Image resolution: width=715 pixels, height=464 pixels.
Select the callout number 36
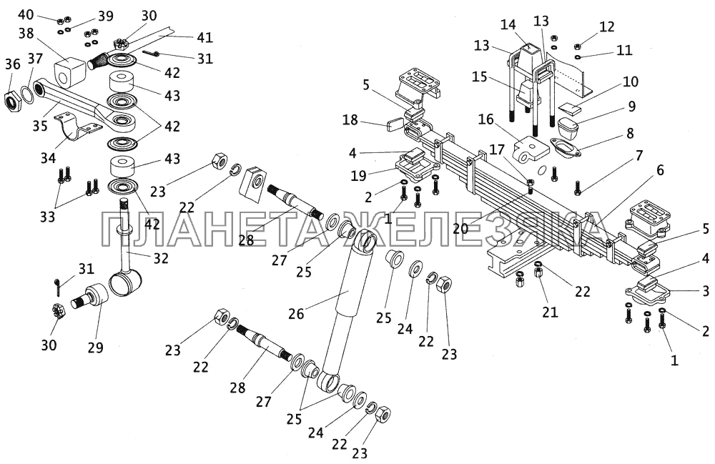click(12, 64)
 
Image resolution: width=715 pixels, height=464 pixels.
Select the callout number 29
click(95, 348)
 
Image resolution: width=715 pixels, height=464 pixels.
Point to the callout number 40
click(24, 14)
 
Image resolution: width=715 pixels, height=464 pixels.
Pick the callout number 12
click(607, 27)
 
